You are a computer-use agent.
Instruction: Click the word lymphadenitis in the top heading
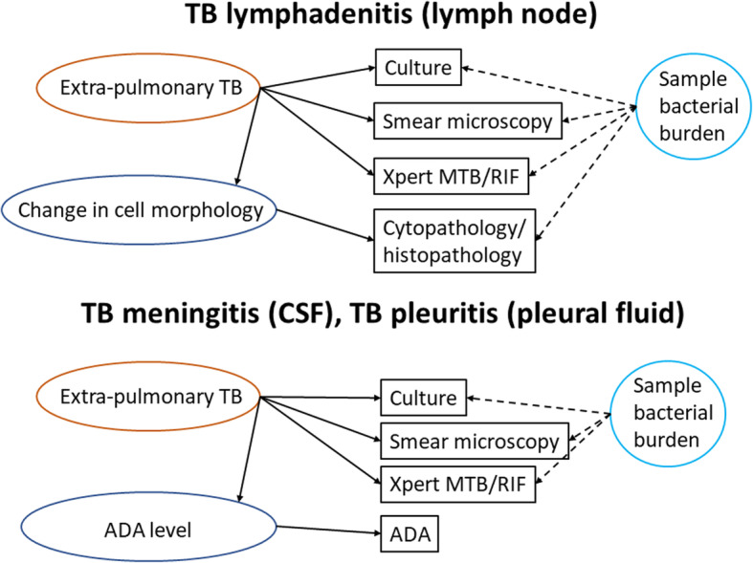pyautogui.click(x=319, y=14)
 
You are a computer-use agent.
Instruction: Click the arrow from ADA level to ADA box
pyautogui.click(x=328, y=530)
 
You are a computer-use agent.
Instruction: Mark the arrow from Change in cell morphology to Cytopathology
pyautogui.click(x=325, y=225)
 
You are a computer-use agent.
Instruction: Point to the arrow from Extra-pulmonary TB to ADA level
pyautogui.click(x=249, y=449)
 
